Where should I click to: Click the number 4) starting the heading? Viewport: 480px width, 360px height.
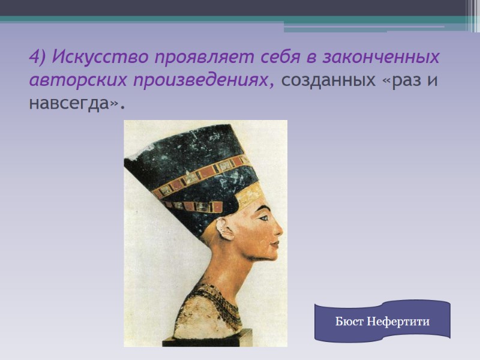(37, 58)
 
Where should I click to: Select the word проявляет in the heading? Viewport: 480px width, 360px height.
(198, 58)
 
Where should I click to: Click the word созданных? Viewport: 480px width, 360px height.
(328, 80)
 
